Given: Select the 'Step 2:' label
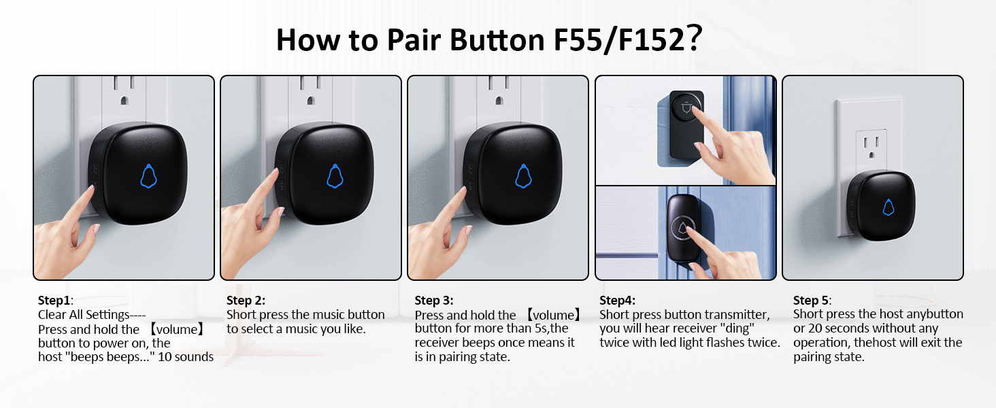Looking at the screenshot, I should (x=246, y=300).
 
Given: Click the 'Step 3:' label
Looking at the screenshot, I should (x=433, y=300).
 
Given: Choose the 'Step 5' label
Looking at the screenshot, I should (x=811, y=300).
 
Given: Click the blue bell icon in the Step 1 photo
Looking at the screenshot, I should (x=148, y=175).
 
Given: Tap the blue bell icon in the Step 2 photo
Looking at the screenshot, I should (x=335, y=175).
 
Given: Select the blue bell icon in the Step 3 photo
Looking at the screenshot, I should (x=522, y=175).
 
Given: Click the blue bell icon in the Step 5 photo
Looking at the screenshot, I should (x=888, y=207).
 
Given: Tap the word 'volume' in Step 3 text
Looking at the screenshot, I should (x=554, y=315).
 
